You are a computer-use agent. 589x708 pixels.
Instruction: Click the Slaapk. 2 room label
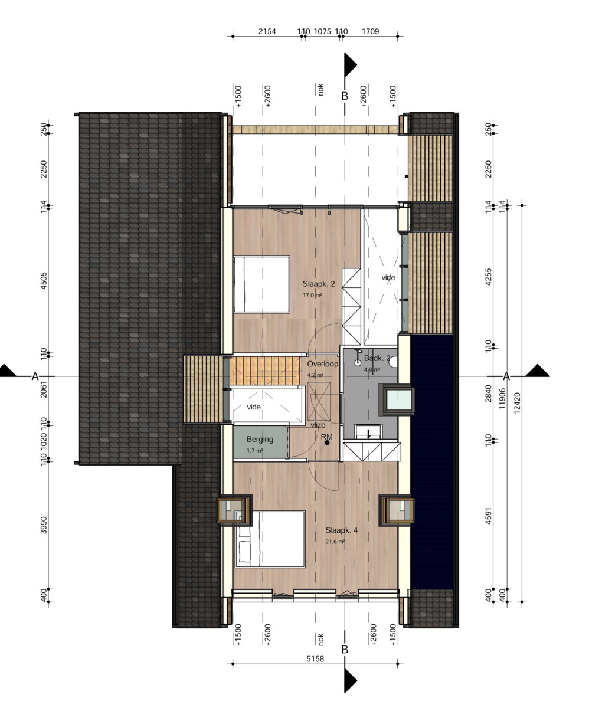click(319, 284)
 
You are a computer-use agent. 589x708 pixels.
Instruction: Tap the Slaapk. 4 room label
click(341, 530)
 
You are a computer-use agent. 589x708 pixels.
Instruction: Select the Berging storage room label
click(260, 439)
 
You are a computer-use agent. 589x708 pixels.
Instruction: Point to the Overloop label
click(323, 364)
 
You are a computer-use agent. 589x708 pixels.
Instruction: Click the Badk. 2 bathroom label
click(377, 358)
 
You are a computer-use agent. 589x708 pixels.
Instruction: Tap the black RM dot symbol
click(327, 442)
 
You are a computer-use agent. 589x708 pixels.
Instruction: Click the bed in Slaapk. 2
click(261, 284)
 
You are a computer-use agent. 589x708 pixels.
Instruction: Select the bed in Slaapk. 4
click(270, 539)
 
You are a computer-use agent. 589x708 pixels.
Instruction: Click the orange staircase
click(266, 370)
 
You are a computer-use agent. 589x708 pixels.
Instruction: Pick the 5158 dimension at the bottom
click(315, 658)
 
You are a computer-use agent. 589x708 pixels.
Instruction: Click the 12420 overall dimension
click(517, 403)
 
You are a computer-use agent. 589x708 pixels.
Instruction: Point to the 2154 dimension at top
click(267, 31)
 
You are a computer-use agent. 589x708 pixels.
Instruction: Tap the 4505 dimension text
click(44, 281)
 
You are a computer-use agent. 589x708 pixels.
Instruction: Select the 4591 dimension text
click(488, 516)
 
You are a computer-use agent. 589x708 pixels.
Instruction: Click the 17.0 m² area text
click(312, 296)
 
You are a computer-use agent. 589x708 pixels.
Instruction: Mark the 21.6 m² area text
click(335, 542)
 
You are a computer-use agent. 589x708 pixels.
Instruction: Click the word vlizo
click(318, 425)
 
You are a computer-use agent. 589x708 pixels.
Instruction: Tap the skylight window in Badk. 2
click(396, 400)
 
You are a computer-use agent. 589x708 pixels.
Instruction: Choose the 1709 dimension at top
click(370, 31)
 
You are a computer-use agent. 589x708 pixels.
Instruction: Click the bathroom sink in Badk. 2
click(368, 432)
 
